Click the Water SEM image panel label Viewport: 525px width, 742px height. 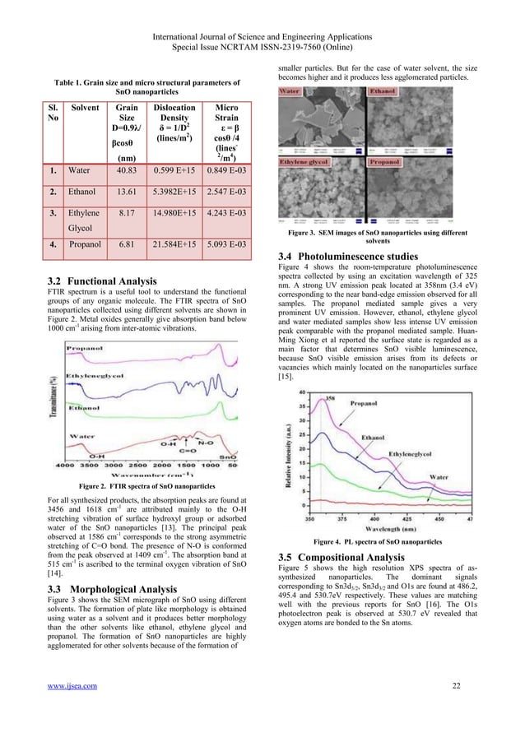290,90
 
